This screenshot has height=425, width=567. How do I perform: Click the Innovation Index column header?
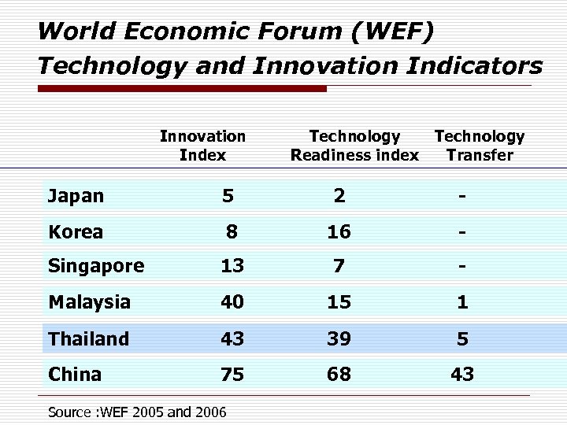[x=202, y=146]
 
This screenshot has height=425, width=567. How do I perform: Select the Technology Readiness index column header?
[x=354, y=146]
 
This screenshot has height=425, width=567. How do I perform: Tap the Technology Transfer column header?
[x=479, y=146]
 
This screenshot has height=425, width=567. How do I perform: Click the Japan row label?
[x=76, y=196]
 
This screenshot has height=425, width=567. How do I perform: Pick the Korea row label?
[x=76, y=231]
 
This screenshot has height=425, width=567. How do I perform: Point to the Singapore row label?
[x=96, y=266]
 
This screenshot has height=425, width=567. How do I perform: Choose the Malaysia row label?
[x=90, y=302]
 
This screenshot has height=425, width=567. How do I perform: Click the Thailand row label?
[x=88, y=338]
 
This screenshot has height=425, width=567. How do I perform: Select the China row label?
[x=75, y=374]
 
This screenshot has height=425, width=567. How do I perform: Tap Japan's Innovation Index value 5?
[x=228, y=196]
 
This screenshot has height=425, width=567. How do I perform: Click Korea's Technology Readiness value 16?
[x=339, y=231]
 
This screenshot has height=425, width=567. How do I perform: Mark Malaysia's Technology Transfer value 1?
[x=463, y=302]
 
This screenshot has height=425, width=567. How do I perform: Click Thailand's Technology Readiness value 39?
[x=339, y=338]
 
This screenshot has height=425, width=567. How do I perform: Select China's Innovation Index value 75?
[x=232, y=375]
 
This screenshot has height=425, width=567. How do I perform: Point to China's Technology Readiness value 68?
[x=339, y=375]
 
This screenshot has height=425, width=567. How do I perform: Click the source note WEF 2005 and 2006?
[x=137, y=412]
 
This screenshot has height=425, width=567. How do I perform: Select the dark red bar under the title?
[x=182, y=89]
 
